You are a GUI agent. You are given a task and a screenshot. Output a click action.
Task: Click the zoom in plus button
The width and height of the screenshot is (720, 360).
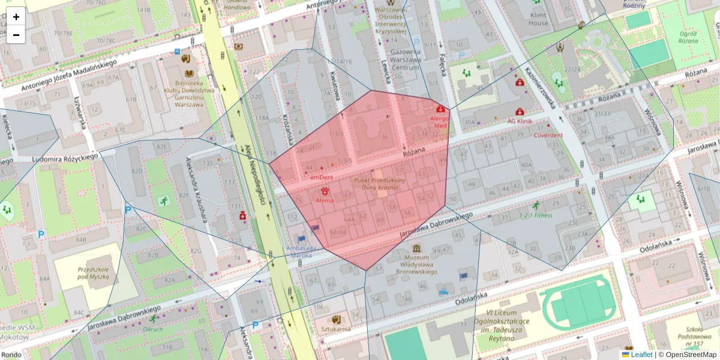pyautogui.click(x=16, y=17)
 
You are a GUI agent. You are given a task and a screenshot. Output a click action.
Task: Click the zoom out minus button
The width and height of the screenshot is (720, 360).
pyautogui.click(x=16, y=35)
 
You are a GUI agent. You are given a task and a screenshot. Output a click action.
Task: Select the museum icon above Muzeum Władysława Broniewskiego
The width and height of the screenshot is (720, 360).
pyautogui.click(x=416, y=248)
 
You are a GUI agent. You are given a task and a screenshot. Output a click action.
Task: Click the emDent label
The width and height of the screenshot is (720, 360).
pyautogui.click(x=322, y=178)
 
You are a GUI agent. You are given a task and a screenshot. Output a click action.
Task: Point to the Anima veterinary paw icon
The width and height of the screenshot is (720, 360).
pyautogui.click(x=325, y=190)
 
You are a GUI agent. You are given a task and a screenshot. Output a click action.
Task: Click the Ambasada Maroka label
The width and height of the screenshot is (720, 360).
pyautogui.click(x=291, y=251)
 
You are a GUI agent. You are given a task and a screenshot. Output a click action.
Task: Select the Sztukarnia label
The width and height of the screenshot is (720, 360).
pyautogui.click(x=336, y=329)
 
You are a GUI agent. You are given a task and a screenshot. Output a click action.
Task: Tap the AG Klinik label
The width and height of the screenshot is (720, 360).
pyautogui.click(x=520, y=121)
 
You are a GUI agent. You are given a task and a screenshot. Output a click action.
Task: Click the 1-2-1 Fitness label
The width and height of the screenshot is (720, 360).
pyautogui.click(x=536, y=215)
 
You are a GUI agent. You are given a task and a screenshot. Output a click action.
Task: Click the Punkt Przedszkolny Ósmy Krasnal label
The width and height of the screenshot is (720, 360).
pyautogui.click(x=380, y=184)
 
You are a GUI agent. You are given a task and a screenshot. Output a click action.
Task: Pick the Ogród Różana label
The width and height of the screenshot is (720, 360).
pyautogui.click(x=688, y=37)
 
